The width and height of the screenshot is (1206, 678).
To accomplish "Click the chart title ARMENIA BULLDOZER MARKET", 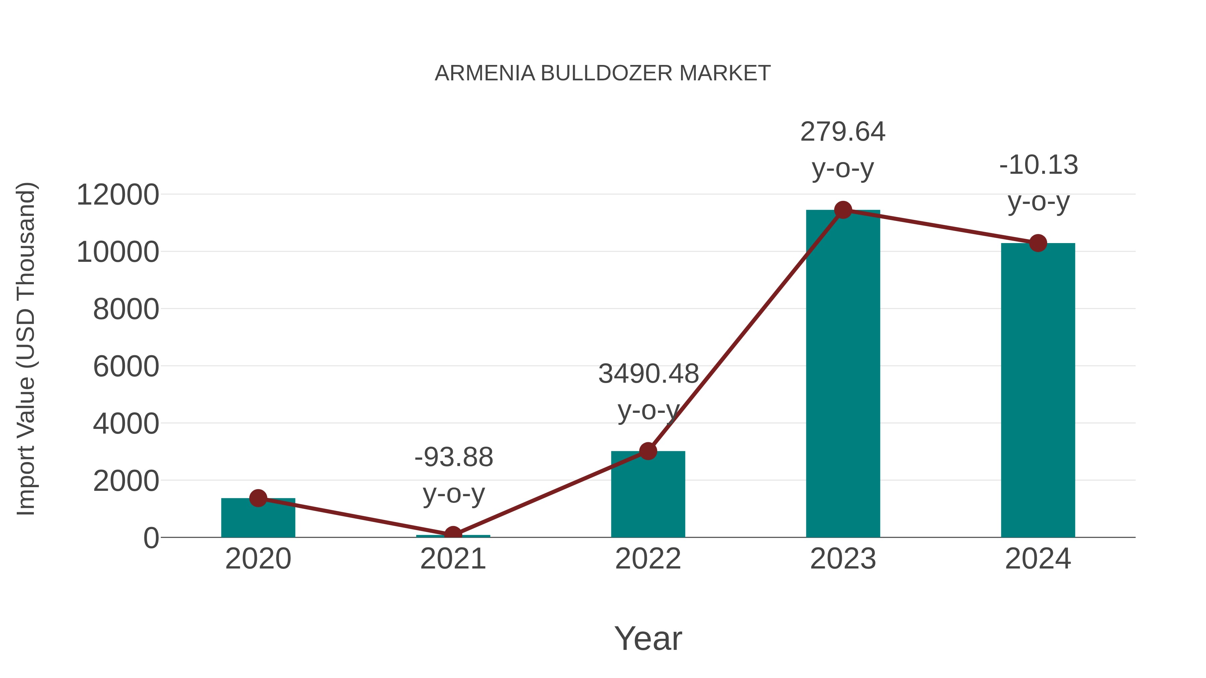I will click(x=603, y=73).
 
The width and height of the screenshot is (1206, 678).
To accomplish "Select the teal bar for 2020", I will click(x=258, y=519).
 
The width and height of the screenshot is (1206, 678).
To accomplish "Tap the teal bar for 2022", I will click(x=648, y=496).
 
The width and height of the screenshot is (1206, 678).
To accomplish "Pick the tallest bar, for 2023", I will click(x=843, y=374).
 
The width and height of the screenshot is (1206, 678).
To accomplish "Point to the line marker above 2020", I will click(x=258, y=498).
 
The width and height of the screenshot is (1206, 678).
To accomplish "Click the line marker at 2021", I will click(x=453, y=534).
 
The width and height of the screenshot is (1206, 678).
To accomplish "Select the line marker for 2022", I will click(x=648, y=451).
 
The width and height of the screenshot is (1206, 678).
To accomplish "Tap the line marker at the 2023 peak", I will click(x=843, y=210).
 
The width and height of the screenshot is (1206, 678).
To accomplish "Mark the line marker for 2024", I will click(x=1038, y=243).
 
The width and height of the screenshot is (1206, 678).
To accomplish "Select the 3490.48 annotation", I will click(x=649, y=374).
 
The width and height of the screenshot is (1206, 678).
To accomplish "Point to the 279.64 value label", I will click(x=843, y=132).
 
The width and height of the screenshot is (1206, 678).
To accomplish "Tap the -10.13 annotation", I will click(x=1038, y=165).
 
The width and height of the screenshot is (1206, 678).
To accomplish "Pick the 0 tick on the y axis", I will click(x=151, y=538).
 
